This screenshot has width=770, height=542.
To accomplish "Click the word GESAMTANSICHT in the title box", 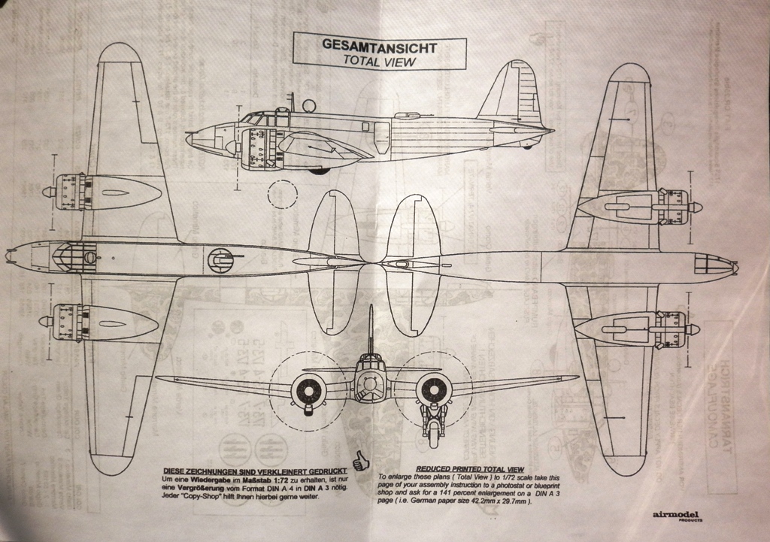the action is tap(379, 44).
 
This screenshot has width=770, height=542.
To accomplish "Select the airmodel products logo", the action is tap(676, 516).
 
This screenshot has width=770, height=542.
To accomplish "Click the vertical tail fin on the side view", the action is tap(514, 94).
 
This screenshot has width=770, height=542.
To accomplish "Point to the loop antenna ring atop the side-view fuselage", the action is tap(308, 106).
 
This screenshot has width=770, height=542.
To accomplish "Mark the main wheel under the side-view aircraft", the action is tap(319, 171).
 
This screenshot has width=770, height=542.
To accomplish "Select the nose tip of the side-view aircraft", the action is tap(188, 138).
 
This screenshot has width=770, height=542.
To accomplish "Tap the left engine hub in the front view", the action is tap(308, 389).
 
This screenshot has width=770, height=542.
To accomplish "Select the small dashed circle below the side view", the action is tap(282, 193).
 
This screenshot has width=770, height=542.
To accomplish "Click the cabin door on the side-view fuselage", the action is tap(381, 138).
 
